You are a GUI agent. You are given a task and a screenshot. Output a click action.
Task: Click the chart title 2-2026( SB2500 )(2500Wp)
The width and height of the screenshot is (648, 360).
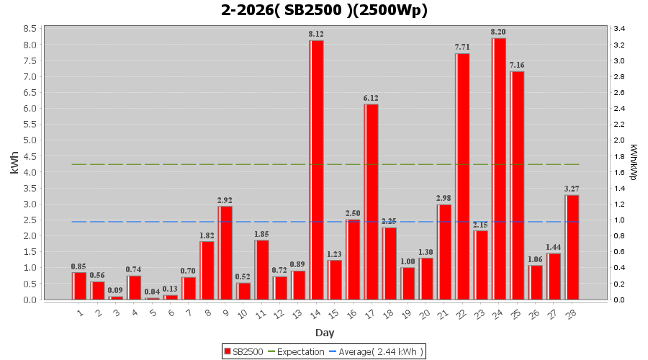pos(324,10)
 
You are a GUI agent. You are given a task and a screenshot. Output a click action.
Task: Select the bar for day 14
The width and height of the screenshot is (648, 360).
pos(317,170)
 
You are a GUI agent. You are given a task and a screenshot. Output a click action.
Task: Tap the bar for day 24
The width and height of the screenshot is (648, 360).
pos(499,168)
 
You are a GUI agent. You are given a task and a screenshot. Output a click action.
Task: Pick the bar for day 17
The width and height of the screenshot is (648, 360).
pos(372,202)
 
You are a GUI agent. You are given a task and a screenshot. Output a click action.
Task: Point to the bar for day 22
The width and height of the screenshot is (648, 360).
pos(462,176)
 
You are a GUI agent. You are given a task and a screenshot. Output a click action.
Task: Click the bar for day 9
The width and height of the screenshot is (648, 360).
pos(225,253)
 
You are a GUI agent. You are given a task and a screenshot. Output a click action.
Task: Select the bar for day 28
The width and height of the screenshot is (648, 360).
pos(572,247)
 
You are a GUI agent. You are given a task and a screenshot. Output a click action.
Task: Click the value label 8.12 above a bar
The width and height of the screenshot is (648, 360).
pos(316,34)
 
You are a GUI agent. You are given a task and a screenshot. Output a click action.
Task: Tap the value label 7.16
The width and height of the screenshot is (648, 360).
pos(517,65)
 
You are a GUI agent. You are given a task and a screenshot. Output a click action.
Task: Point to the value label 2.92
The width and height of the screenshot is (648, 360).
pos(225,200)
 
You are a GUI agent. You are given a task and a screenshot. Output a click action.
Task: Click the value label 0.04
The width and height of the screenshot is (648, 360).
pos(152,292)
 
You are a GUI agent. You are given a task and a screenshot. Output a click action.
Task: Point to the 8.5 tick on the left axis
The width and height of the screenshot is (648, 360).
pos(31,29)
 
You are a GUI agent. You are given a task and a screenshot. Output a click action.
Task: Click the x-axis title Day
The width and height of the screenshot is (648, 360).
pos(324,333)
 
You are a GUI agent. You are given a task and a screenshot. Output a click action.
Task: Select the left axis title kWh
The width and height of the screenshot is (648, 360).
pos(14,163)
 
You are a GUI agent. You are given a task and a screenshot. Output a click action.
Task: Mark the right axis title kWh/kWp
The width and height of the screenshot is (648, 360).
pos(634,163)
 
